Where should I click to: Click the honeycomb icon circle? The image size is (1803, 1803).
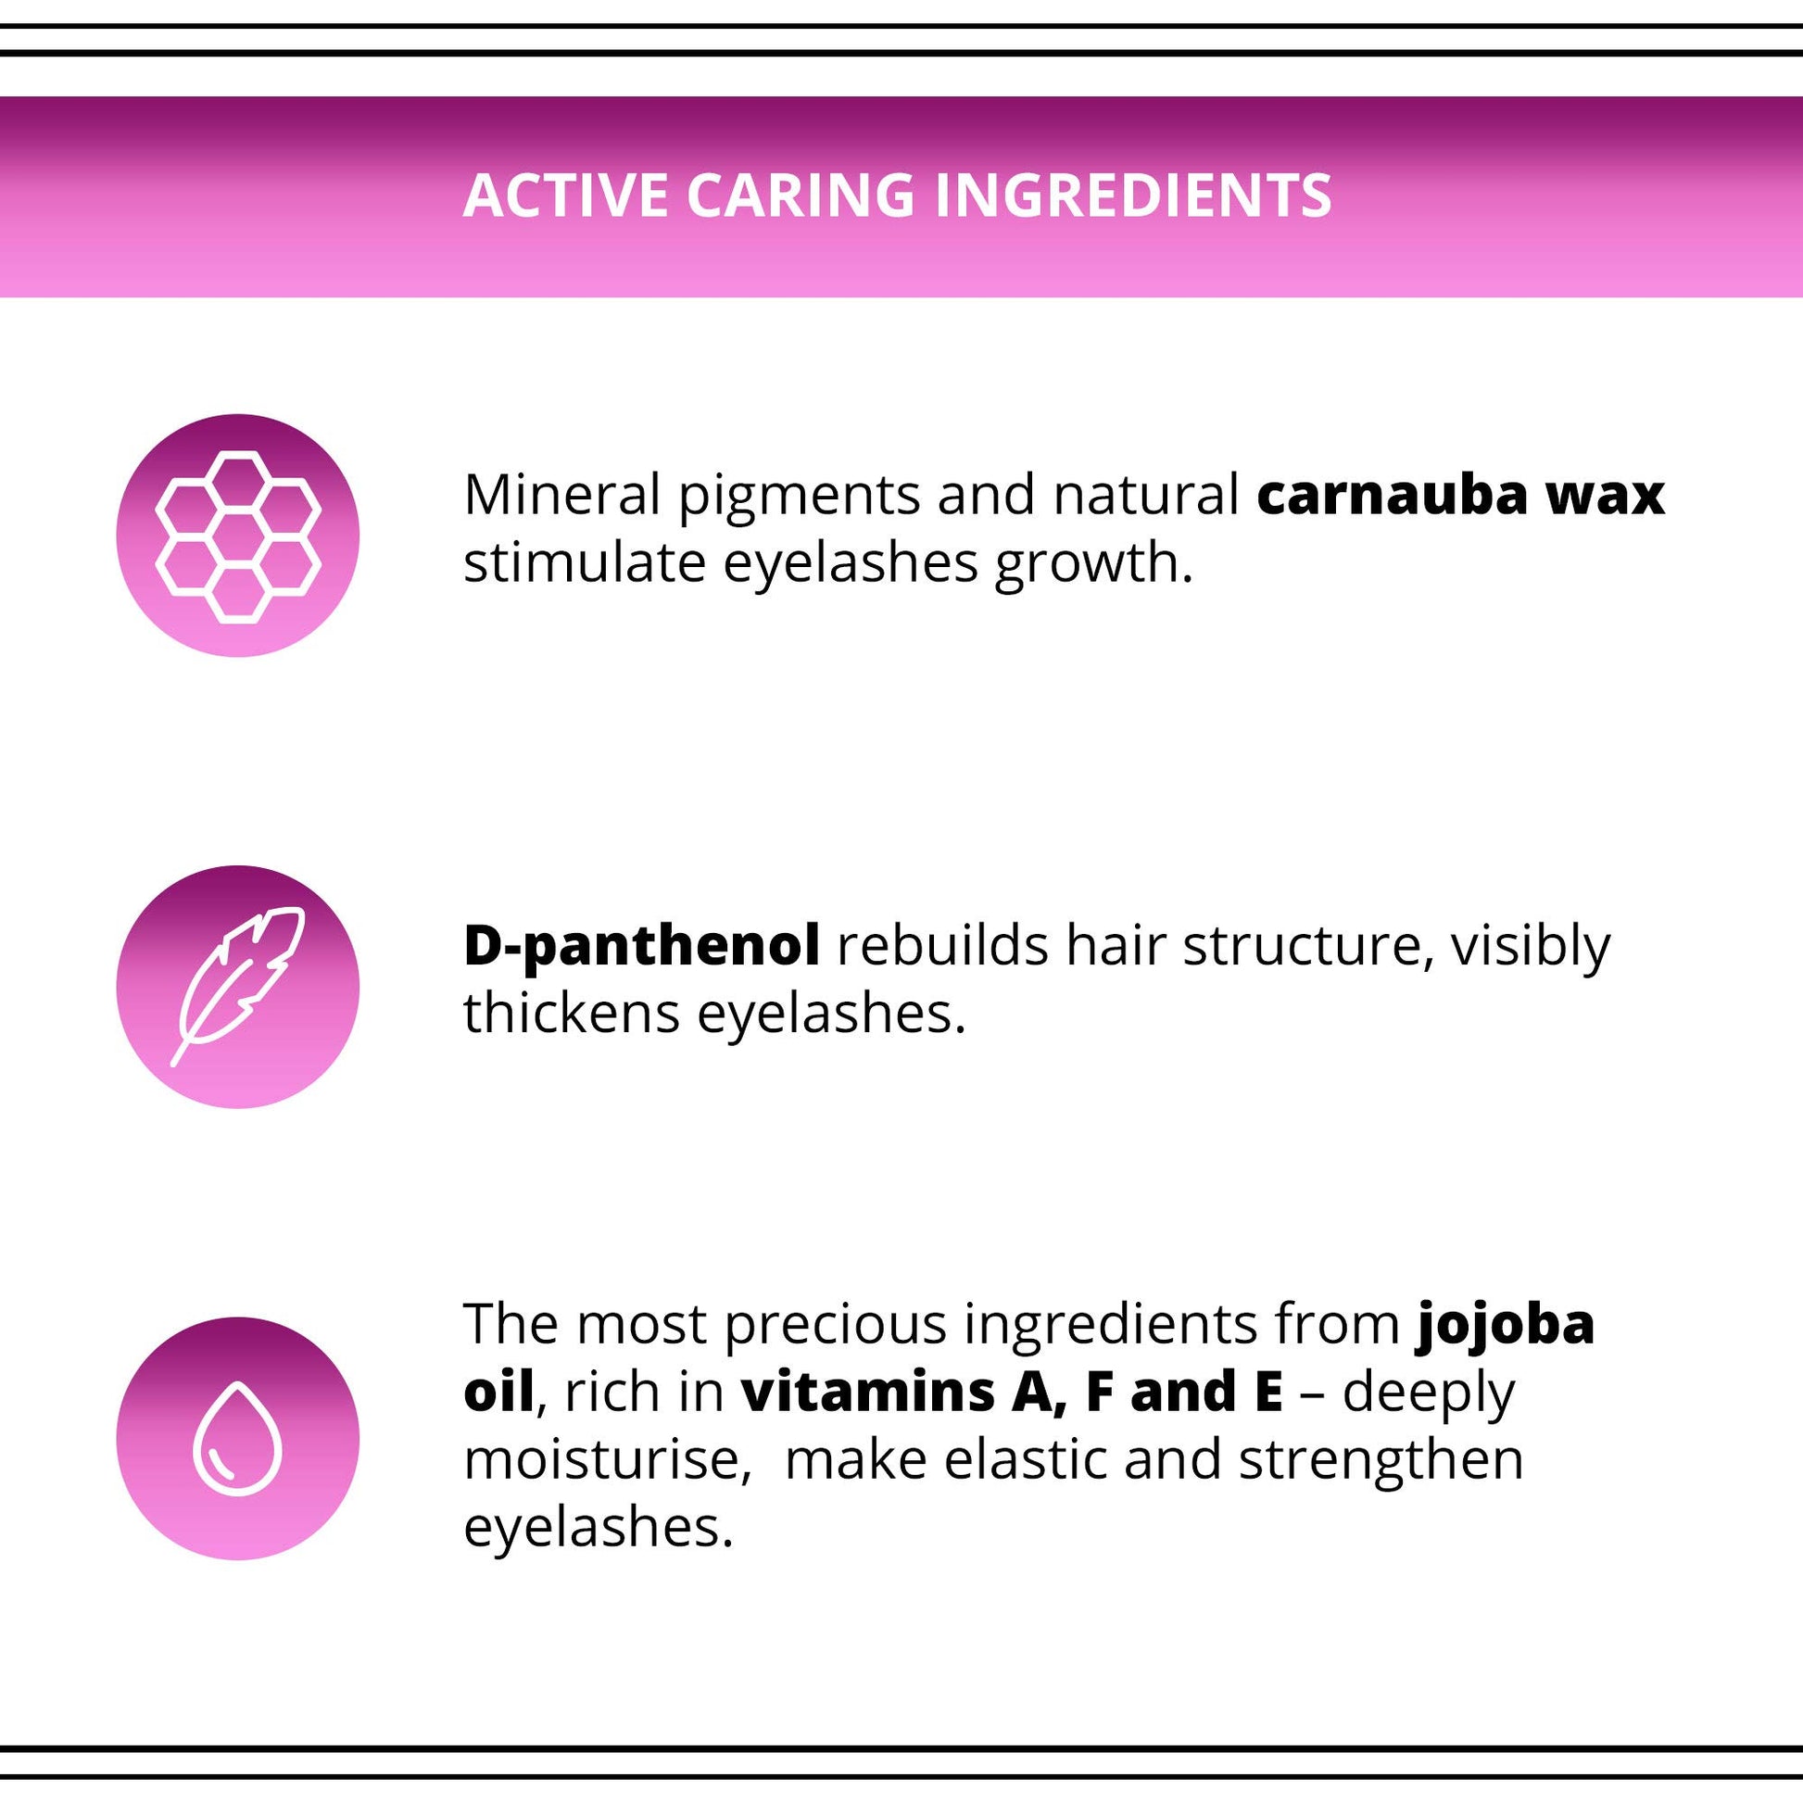click(238, 536)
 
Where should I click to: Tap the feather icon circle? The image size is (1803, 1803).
click(238, 988)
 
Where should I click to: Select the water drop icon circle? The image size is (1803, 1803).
click(238, 1438)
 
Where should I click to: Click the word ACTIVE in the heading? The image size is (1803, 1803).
click(565, 195)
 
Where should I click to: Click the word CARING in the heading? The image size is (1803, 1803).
click(801, 195)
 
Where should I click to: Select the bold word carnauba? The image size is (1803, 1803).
click(1393, 495)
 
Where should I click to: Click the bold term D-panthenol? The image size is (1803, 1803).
click(642, 946)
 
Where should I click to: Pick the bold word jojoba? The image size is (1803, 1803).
click(1506, 1326)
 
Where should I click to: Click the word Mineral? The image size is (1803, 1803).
click(561, 495)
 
